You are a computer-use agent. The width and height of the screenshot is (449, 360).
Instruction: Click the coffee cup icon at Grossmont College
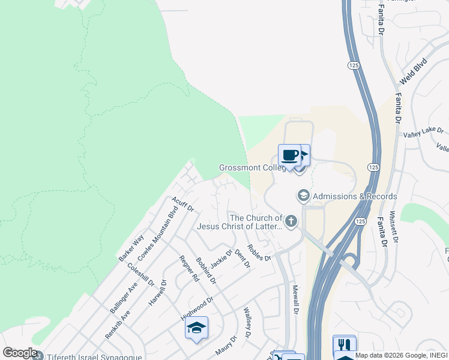pyautogui.click(x=289, y=155)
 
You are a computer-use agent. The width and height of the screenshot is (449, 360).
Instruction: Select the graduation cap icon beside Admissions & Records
pyautogui.click(x=304, y=196)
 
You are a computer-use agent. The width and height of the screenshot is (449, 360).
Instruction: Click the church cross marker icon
pyautogui.click(x=291, y=222)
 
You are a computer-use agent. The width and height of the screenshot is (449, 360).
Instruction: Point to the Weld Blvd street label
pyautogui.click(x=413, y=70)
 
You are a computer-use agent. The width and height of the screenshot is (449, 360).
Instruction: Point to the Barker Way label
pyautogui.click(x=131, y=247)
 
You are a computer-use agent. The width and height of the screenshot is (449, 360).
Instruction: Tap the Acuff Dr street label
pyautogui.click(x=182, y=204)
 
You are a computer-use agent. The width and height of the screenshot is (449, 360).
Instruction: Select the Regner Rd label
pyautogui.click(x=189, y=269)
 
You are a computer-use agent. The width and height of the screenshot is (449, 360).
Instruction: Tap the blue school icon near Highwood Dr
pyautogui.click(x=196, y=328)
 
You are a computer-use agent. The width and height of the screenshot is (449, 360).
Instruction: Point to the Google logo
pyautogui.click(x=20, y=353)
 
